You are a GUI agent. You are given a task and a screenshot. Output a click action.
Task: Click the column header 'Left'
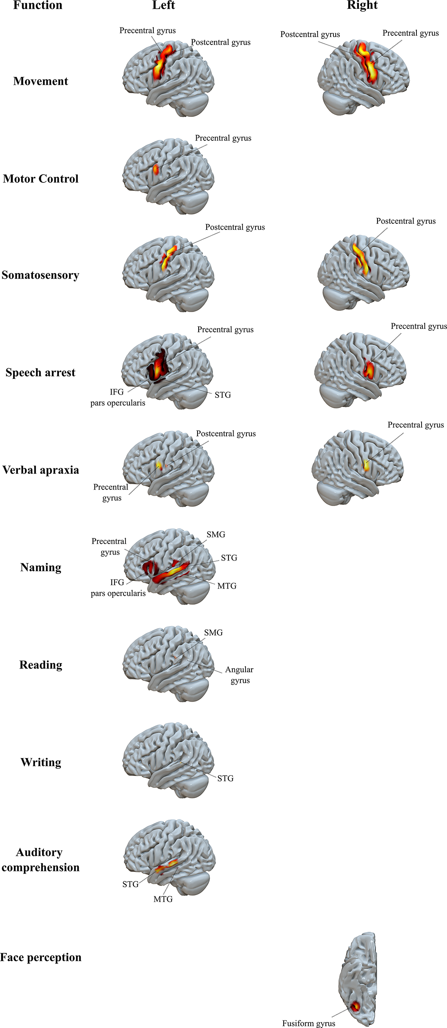[163, 5]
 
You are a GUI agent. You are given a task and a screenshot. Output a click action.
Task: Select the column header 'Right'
[362, 5]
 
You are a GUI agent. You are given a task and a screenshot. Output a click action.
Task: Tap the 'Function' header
[38, 5]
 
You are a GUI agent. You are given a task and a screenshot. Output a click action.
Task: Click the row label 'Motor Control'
[41, 178]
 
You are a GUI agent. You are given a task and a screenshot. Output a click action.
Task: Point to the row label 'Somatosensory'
[40, 275]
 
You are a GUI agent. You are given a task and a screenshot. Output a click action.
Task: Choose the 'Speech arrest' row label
[40, 372]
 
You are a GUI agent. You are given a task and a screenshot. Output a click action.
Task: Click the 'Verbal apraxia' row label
[41, 470]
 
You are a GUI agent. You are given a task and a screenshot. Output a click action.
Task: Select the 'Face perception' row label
[41, 957]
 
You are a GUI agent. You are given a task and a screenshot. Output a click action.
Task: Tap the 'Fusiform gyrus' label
[309, 1023]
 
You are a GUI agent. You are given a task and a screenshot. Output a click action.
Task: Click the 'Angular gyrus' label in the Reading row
[239, 675]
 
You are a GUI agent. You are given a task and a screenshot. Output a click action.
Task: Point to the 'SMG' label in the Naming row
[216, 534]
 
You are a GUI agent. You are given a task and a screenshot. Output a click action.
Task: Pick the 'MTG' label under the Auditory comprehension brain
[163, 899]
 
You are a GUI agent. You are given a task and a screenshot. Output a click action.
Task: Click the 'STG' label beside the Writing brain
[225, 778]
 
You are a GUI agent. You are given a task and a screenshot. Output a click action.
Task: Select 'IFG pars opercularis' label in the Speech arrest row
[118, 398]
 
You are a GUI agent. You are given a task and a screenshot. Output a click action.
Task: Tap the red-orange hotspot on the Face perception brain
[355, 1007]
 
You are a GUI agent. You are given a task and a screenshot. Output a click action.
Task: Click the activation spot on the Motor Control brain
[156, 169]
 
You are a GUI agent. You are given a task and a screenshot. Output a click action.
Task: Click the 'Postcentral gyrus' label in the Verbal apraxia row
[226, 433]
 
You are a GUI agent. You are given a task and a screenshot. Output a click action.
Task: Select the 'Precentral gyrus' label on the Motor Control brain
[223, 138]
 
